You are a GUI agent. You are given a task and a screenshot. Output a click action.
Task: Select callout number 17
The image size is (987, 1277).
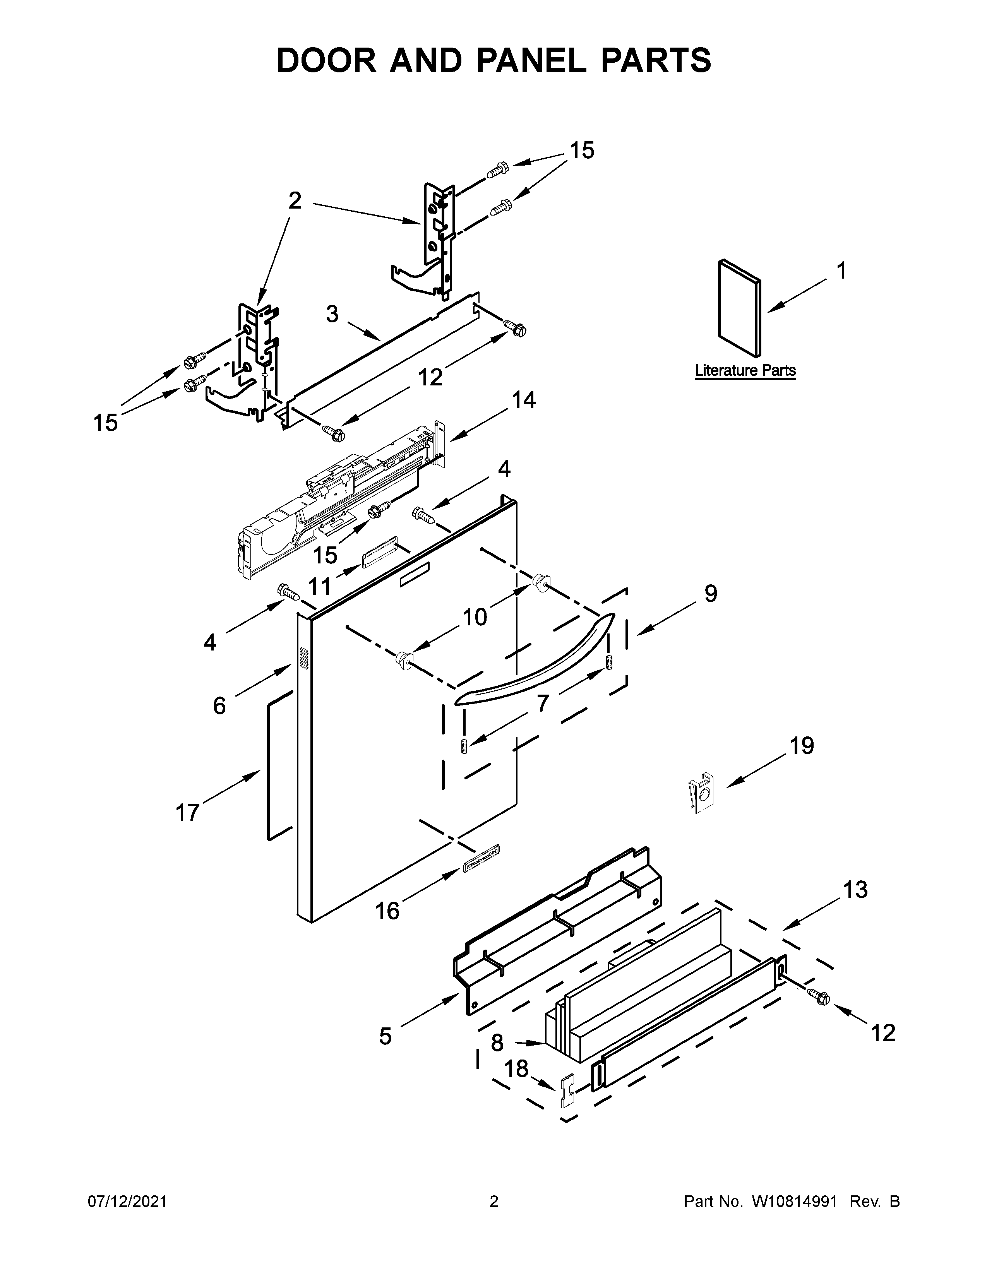[x=188, y=813]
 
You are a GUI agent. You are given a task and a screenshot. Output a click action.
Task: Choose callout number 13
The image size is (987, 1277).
[x=855, y=890]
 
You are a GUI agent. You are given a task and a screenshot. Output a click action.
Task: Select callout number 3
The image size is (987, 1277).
[x=332, y=315]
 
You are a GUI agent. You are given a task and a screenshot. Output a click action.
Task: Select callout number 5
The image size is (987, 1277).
[x=385, y=1036]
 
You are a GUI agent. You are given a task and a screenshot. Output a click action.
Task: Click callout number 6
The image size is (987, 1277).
[x=219, y=706]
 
